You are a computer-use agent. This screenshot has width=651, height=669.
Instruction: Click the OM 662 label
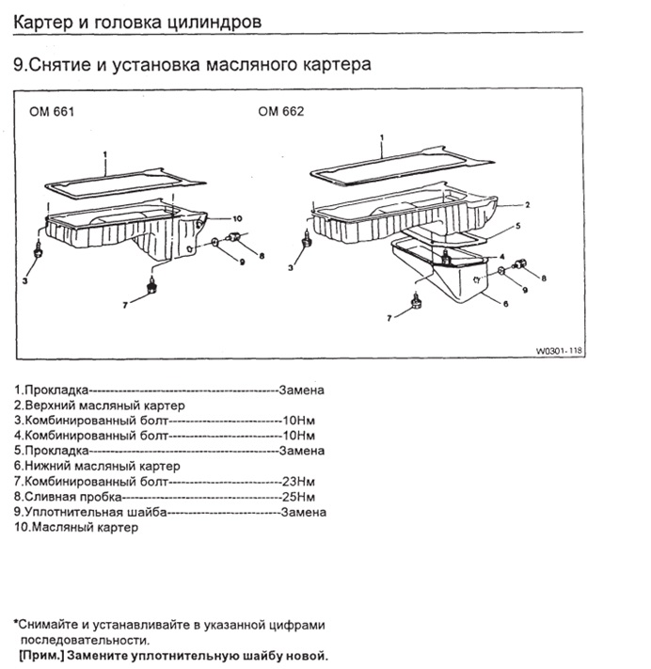(x=280, y=111)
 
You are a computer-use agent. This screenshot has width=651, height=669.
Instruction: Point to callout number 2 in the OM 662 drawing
(x=528, y=203)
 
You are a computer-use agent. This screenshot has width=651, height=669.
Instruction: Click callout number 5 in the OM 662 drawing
(x=516, y=227)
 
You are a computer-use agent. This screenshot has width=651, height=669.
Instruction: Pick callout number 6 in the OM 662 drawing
(x=505, y=303)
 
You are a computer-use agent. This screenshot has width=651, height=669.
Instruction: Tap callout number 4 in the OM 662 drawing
(x=502, y=256)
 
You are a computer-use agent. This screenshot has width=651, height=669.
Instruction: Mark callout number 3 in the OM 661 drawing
(x=27, y=280)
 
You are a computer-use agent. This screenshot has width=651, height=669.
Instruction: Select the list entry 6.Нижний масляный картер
(x=97, y=466)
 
